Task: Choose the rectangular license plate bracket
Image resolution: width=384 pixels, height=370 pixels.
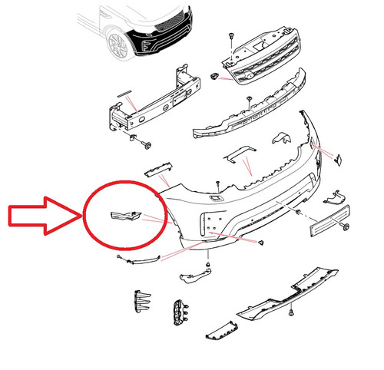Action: pyautogui.click(x=329, y=223)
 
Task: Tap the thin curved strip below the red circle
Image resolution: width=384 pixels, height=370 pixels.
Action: pyautogui.click(x=142, y=259)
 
